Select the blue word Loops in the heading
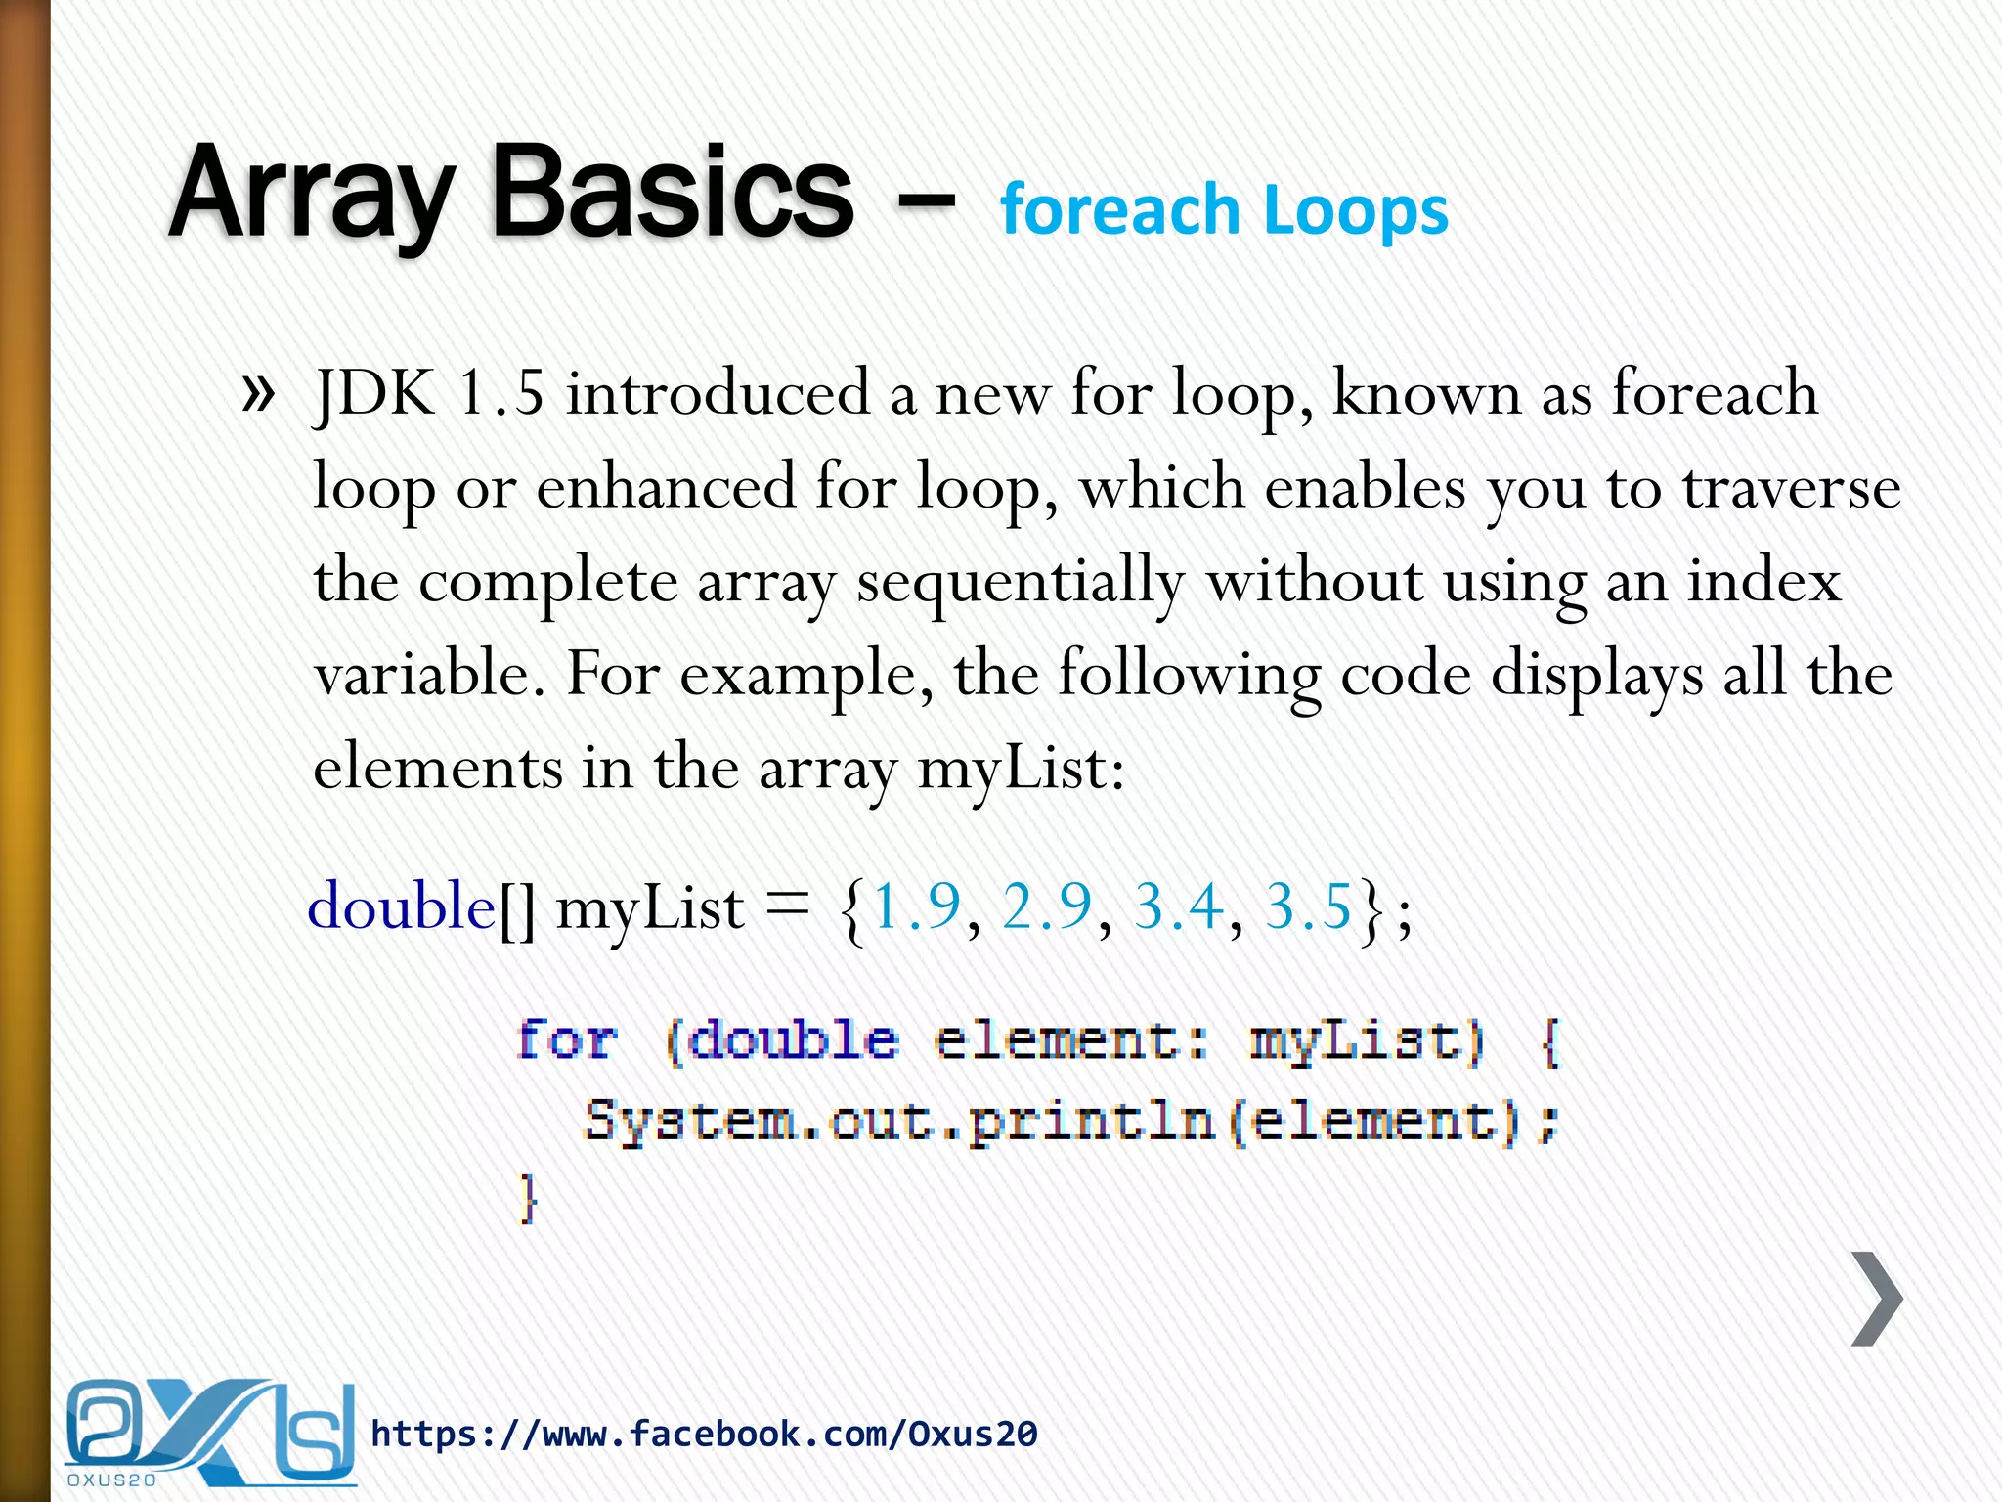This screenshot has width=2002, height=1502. pos(1356,212)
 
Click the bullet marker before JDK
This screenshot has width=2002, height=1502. pos(257,393)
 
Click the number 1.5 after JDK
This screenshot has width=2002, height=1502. pos(500,393)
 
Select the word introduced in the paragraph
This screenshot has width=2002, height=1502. pos(718,393)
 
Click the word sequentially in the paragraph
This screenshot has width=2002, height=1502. pos(1021,582)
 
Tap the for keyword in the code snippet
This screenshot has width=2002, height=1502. pos(567,1039)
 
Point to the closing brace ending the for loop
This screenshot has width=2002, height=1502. pos(528,1198)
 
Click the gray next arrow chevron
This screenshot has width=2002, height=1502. pos(1877,1299)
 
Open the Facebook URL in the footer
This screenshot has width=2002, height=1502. pos(704,1435)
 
